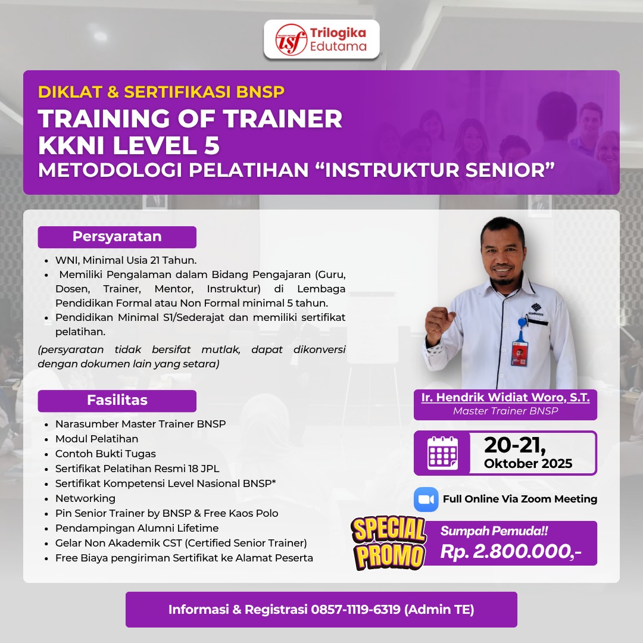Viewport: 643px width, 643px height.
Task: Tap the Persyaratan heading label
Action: click(117, 236)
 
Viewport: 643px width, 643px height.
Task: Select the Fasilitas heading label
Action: click(117, 400)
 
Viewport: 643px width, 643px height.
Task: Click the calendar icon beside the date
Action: click(442, 453)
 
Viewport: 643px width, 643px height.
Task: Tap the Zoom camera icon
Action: click(426, 499)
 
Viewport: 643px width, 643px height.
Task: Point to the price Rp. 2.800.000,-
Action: click(510, 552)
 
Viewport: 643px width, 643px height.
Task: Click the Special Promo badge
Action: click(389, 543)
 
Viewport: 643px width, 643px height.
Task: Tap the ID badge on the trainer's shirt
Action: click(520, 352)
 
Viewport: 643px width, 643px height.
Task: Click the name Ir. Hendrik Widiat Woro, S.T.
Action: click(505, 398)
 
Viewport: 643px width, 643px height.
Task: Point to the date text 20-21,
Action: click(515, 445)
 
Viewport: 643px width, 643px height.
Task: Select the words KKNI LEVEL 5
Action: click(129, 145)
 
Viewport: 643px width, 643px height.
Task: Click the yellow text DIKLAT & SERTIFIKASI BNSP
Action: click(161, 92)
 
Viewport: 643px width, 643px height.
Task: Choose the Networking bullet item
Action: click(85, 498)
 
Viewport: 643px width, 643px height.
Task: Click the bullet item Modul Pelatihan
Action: click(96, 439)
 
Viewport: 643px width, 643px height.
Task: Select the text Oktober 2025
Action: click(528, 464)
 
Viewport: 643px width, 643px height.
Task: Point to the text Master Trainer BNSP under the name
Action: click(505, 411)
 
